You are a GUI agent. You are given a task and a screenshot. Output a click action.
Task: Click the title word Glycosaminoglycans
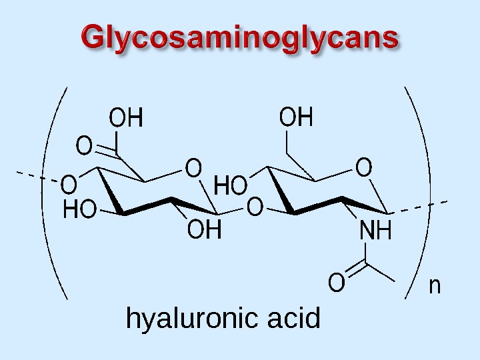pyautogui.click(x=240, y=39)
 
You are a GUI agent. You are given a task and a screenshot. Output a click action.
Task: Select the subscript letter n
pyautogui.click(x=435, y=286)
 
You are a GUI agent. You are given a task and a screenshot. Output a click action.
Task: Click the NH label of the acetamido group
pyautogui.click(x=375, y=233)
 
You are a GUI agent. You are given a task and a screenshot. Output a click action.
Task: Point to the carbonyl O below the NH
pyautogui.click(x=337, y=285)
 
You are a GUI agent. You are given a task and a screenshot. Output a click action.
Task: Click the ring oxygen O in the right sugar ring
pyautogui.click(x=363, y=167)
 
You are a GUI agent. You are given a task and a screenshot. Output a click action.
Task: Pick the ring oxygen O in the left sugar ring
pyautogui.click(x=193, y=167)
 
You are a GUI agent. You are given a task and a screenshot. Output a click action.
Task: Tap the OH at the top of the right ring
pyautogui.click(x=296, y=118)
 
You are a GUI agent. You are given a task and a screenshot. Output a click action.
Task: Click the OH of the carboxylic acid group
pyautogui.click(x=126, y=119)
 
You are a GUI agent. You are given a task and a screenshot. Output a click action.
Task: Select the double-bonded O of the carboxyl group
pyautogui.click(x=84, y=145)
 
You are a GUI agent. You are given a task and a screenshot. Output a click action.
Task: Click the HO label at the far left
pyautogui.click(x=79, y=212)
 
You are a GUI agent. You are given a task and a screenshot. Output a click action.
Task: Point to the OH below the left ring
pyautogui.click(x=204, y=231)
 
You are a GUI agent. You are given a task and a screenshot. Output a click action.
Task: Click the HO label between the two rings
pyautogui.click(x=231, y=186)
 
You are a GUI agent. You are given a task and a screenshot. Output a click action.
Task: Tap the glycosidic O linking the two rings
pyautogui.click(x=255, y=208)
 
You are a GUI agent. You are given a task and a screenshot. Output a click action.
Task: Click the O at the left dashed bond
pyautogui.click(x=69, y=183)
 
